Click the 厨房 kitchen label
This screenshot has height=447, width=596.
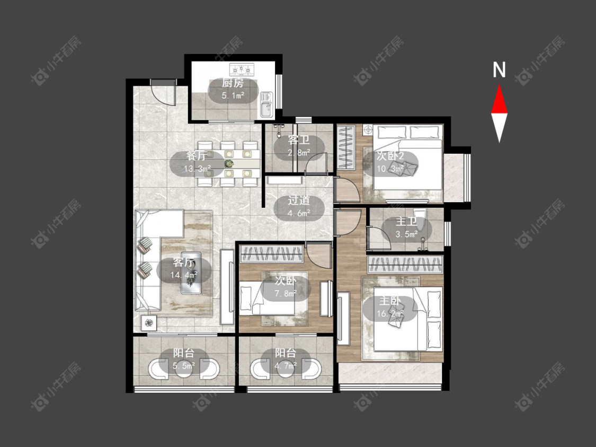(233, 83)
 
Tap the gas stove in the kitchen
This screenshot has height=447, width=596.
(242, 69)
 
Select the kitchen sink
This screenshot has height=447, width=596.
(266, 104)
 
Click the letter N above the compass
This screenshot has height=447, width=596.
(499, 69)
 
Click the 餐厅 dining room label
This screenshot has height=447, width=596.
(197, 156)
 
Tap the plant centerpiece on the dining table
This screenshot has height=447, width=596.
(229, 164)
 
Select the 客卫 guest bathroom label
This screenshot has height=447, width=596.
(299, 140)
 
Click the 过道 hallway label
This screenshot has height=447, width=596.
(299, 200)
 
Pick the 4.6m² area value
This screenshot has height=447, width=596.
(299, 213)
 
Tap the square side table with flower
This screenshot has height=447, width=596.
(149, 323)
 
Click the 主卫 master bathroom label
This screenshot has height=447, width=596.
(406, 222)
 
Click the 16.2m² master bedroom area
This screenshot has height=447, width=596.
(390, 314)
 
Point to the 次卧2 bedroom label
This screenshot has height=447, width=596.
(390, 156)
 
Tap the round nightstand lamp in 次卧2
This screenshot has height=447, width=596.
(368, 130)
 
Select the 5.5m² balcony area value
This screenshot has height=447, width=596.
(184, 366)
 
